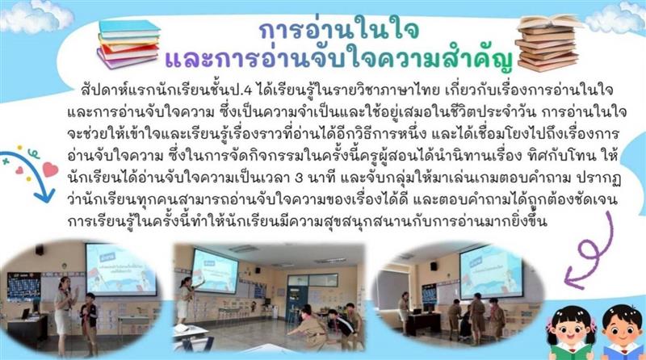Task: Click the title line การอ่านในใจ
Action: (x=338, y=31)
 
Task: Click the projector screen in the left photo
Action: (x=120, y=266)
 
